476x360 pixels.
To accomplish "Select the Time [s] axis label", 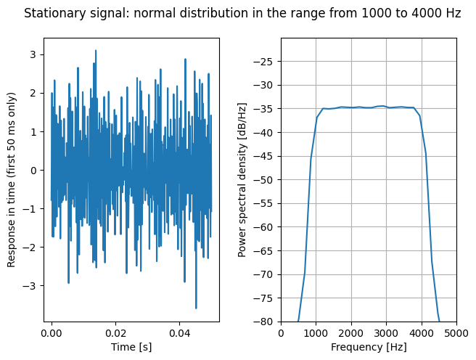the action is pos(131,347).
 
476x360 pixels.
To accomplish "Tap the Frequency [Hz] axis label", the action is pos(369,347).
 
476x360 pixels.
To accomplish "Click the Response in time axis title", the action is pos(11,180).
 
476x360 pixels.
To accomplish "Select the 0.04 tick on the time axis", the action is pos(179,333).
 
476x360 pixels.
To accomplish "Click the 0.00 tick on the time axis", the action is pos(52,333).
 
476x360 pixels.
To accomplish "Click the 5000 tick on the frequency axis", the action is pos(456,333).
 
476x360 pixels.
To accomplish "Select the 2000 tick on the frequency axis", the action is pos(351,333).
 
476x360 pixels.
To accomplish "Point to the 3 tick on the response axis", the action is pos(33,54).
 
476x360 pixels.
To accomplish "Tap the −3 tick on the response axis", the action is pos(30,286).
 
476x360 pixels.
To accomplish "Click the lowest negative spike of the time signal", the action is pos(196,308).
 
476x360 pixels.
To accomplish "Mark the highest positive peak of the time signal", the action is pos(96,51).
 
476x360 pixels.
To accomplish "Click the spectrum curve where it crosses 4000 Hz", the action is pos(422,120).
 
